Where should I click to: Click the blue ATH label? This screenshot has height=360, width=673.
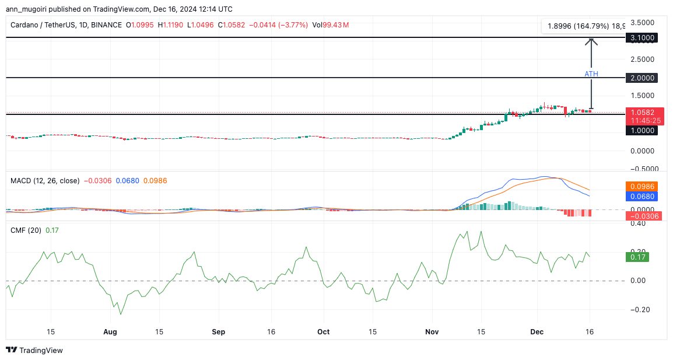pos(591,74)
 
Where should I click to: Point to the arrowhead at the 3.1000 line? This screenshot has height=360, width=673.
pos(591,41)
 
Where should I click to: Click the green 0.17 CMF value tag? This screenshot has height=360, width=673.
pos(636,257)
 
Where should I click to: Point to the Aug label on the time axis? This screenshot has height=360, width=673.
pos(110,331)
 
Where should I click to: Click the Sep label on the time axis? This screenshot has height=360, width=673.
pos(218,331)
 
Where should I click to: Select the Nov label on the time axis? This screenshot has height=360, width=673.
pos(432,331)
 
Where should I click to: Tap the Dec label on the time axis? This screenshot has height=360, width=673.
pos(537,331)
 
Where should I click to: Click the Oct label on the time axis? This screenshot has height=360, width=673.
pos(323,331)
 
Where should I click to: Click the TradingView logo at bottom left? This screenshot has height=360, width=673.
pos(34,350)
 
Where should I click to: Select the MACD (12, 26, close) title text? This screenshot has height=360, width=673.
pos(45,181)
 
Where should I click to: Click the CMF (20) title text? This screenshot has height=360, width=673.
pos(26,230)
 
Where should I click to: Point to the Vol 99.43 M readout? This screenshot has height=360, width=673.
pos(330,25)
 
